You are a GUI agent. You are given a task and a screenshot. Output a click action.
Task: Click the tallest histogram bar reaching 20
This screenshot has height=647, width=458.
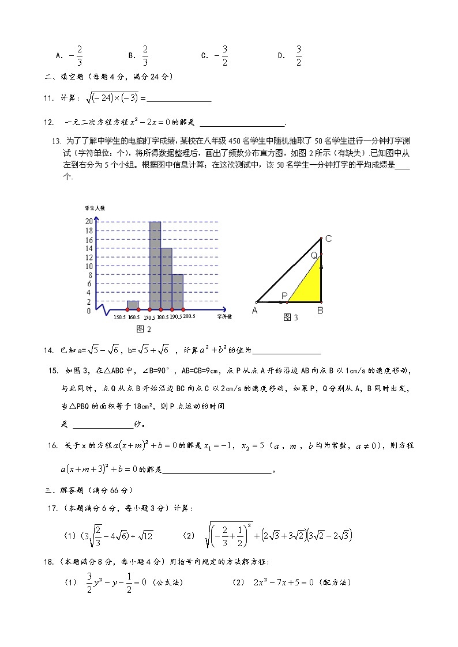(x=155, y=265)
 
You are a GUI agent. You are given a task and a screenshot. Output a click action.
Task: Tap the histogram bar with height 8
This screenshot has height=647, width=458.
(x=177, y=292)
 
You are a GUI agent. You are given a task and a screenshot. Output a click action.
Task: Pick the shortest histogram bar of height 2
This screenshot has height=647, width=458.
(x=133, y=305)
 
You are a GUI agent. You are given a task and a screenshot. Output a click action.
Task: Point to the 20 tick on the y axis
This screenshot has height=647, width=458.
(x=89, y=221)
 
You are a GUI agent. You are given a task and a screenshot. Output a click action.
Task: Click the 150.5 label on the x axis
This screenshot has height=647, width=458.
(x=119, y=317)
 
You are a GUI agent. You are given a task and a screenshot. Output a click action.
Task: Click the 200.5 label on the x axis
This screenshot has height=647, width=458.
(x=189, y=316)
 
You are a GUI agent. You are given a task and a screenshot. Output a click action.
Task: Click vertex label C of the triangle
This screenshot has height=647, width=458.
(x=328, y=239)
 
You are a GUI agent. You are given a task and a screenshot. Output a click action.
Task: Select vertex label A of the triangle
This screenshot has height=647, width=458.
(x=254, y=311)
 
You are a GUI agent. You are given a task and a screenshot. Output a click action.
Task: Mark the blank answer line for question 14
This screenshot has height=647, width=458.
(x=286, y=353)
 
